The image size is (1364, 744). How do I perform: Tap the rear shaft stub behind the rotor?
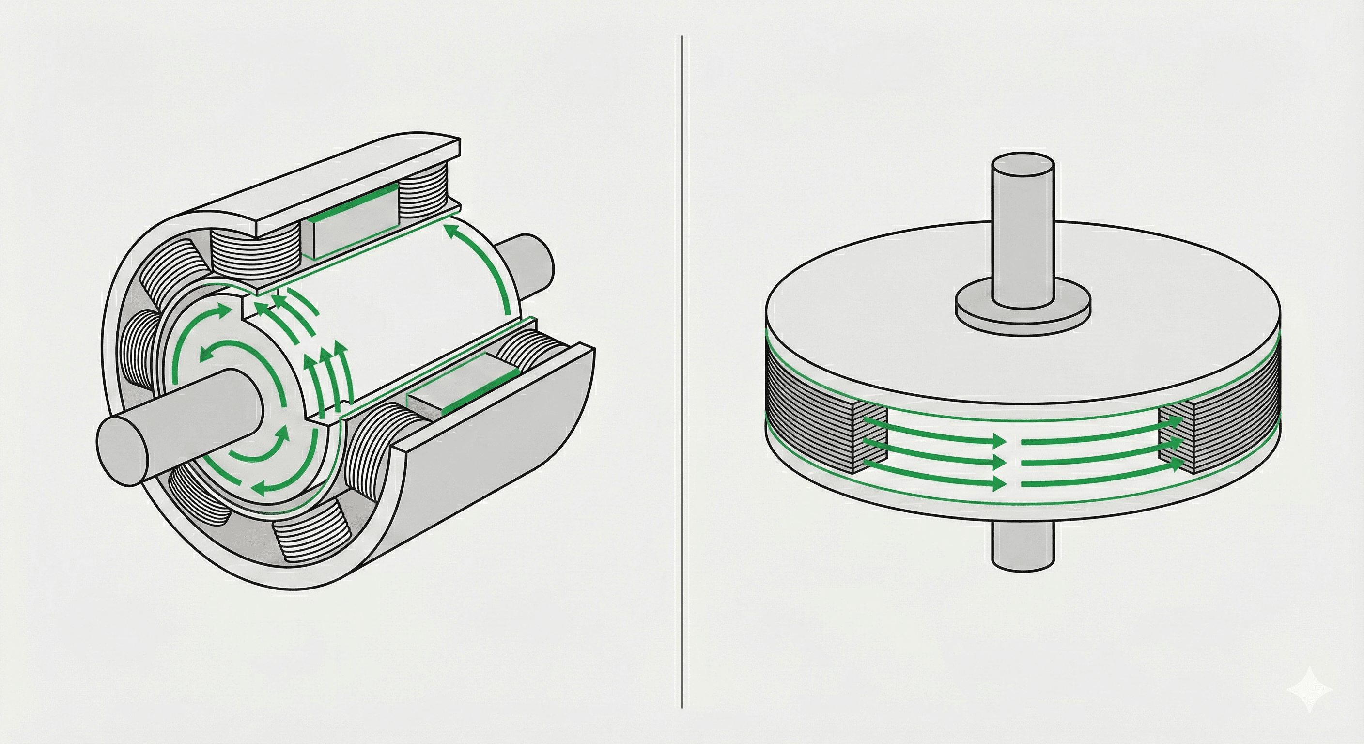tap(529, 265)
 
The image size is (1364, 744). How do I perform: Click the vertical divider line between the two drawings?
tap(682, 371)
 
